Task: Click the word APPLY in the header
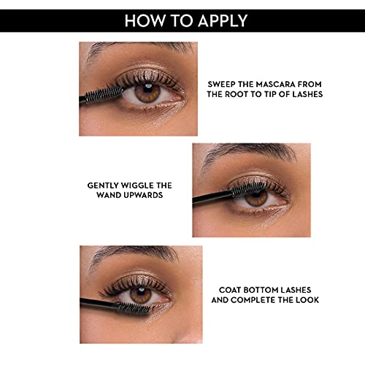(x=223, y=20)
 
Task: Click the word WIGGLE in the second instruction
(x=138, y=185)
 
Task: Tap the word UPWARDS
(x=142, y=195)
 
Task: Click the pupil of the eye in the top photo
(x=147, y=88)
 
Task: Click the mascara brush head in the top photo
(x=104, y=93)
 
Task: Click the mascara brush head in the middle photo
(x=249, y=189)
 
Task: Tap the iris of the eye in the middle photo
(x=256, y=198)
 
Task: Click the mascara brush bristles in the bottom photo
(x=134, y=308)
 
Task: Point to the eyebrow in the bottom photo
(x=133, y=253)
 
